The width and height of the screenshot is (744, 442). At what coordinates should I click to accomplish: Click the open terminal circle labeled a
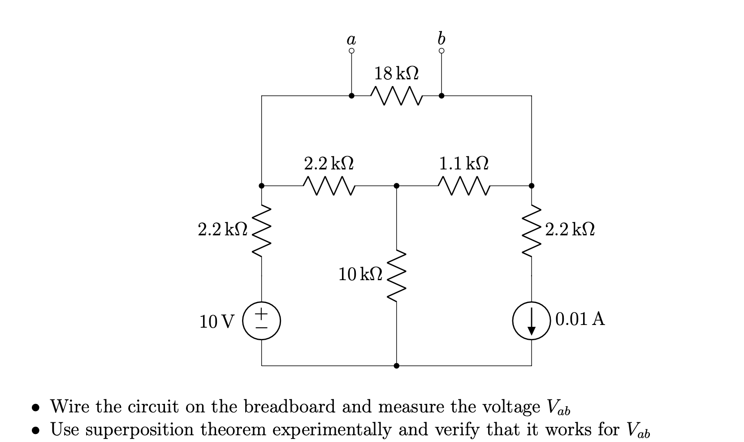pos(351,51)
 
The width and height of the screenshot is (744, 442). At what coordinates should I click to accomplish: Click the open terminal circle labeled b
pos(441,51)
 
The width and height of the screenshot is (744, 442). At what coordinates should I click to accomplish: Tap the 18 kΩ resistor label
pos(397,73)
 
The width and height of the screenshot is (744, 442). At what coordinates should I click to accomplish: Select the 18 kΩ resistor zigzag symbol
pos(396,95)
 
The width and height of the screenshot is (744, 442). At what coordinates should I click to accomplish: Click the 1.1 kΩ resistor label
pos(463,163)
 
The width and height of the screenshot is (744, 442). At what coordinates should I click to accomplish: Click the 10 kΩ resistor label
pos(360,274)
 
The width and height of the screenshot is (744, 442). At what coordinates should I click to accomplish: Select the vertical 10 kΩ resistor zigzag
pos(396,276)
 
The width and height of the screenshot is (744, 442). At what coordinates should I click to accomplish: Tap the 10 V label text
pos(216,321)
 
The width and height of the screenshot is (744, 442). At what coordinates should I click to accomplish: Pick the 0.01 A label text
pos(580,319)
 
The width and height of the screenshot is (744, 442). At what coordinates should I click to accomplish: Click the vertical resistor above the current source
pos(532,230)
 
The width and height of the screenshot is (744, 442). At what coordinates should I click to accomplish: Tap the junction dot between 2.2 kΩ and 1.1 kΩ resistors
pos(396,186)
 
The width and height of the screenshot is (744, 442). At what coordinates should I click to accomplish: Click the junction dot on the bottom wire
pos(396,366)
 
